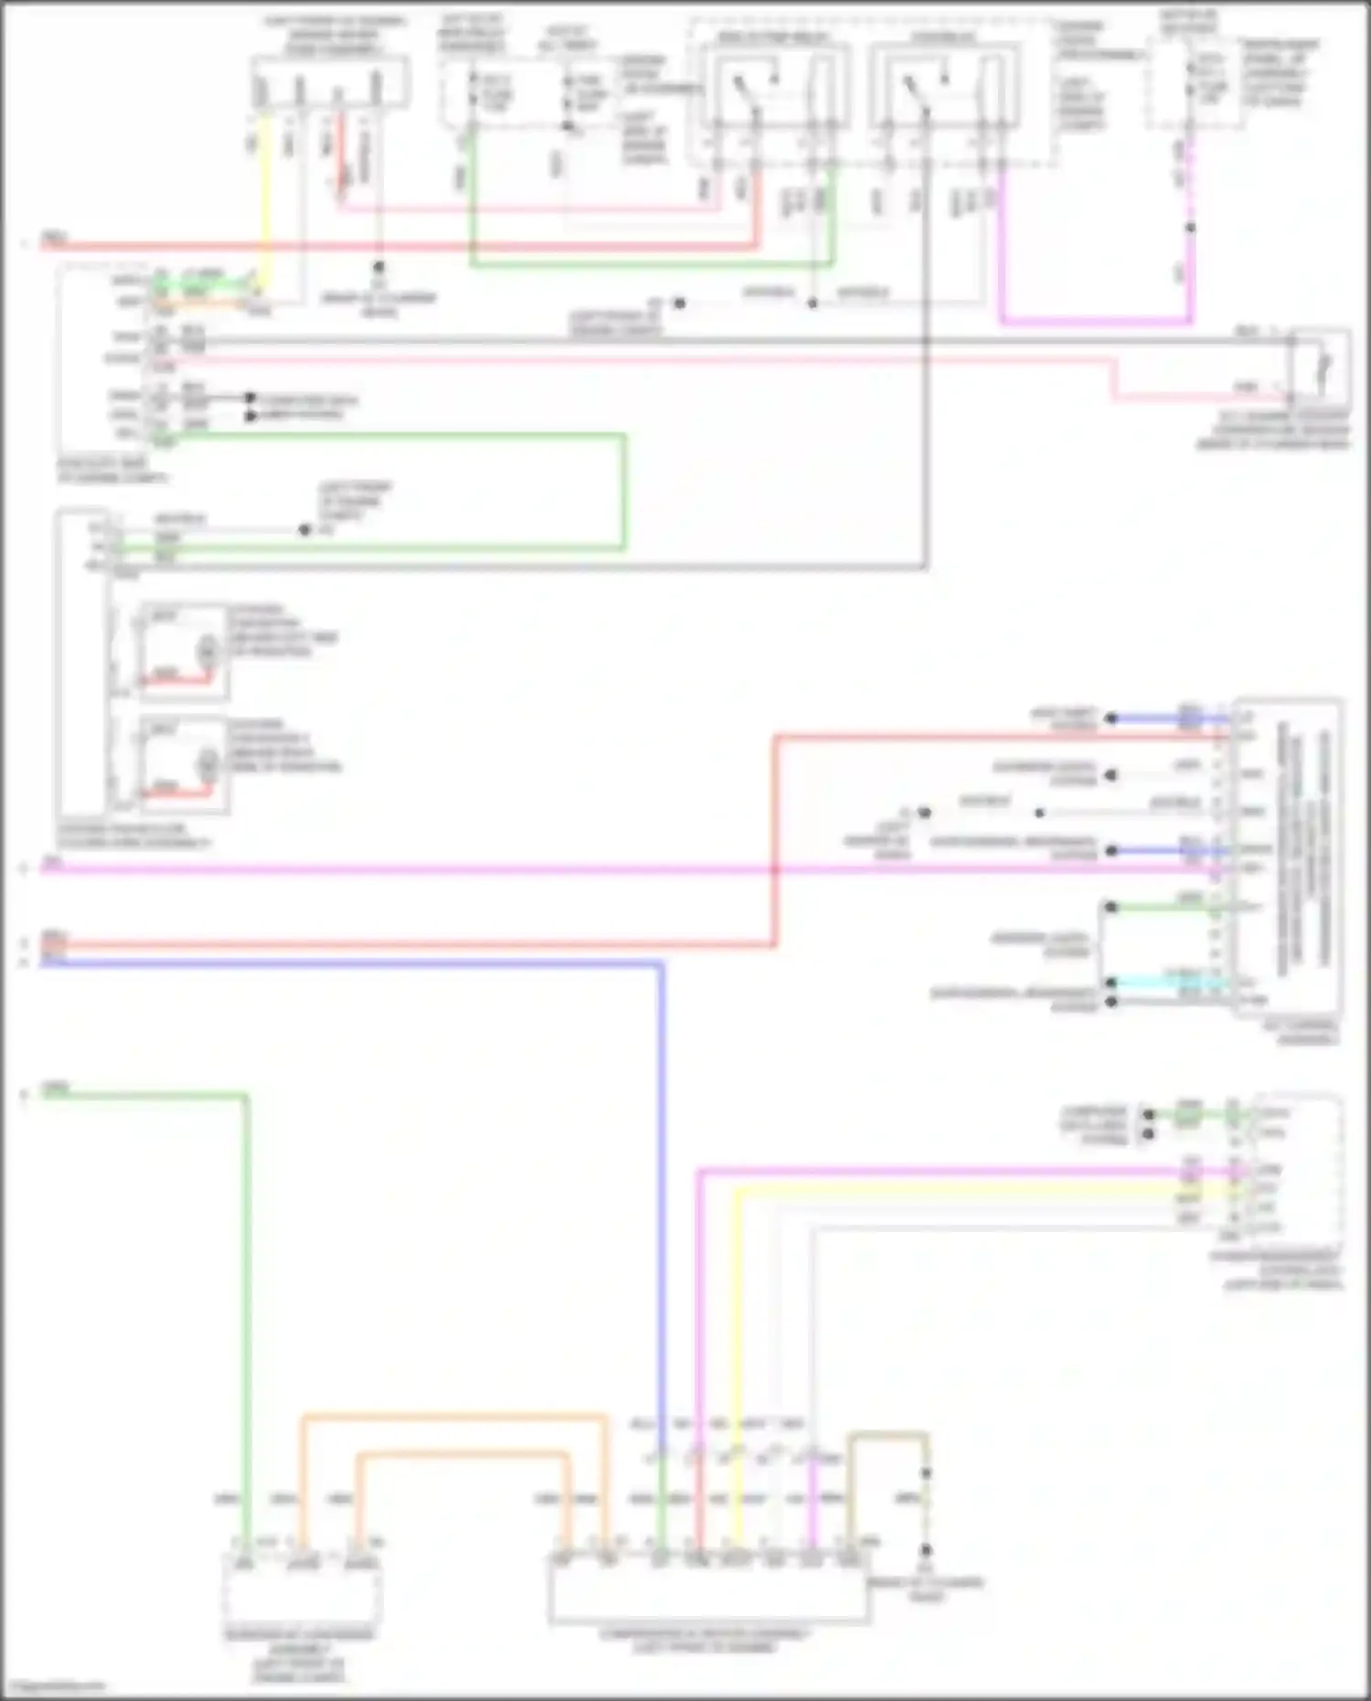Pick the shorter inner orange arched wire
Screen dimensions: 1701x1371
point(462,1453)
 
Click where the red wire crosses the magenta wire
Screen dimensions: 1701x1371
point(775,868)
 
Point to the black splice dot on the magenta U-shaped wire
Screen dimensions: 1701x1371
point(1190,228)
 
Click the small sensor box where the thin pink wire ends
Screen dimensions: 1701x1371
point(1320,368)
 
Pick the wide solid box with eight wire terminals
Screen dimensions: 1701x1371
point(708,1590)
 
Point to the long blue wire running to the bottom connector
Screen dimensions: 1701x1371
point(662,1188)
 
